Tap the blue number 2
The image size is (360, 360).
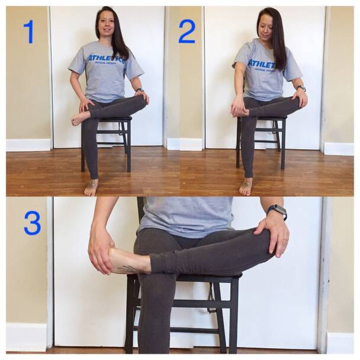187,31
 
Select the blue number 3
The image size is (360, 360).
32,223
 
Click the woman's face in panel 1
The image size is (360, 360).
108,25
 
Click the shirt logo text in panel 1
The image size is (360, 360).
106,59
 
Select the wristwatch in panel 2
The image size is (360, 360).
301,88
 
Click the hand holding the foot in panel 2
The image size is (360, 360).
238,107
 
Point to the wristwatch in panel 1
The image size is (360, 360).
140,90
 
